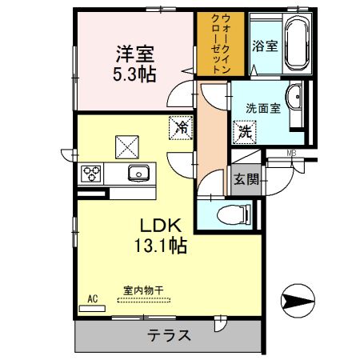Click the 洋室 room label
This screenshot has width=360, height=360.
(134, 56)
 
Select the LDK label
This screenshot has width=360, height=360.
(160, 226)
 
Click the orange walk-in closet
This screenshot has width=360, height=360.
(214, 43)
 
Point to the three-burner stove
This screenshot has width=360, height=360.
(91, 173)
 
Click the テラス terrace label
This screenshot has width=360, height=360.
(169, 335)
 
